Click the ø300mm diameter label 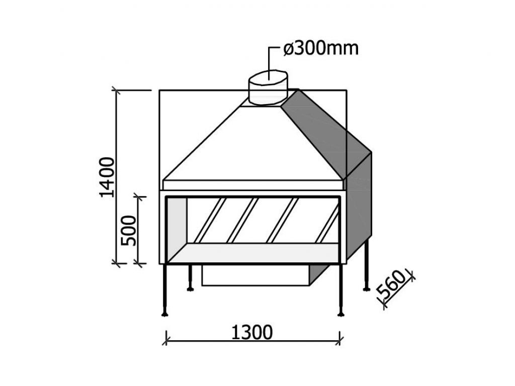320,49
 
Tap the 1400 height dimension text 107,177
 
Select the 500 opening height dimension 128,230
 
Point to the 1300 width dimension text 252,332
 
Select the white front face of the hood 253,144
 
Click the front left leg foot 165,315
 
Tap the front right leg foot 341,315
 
